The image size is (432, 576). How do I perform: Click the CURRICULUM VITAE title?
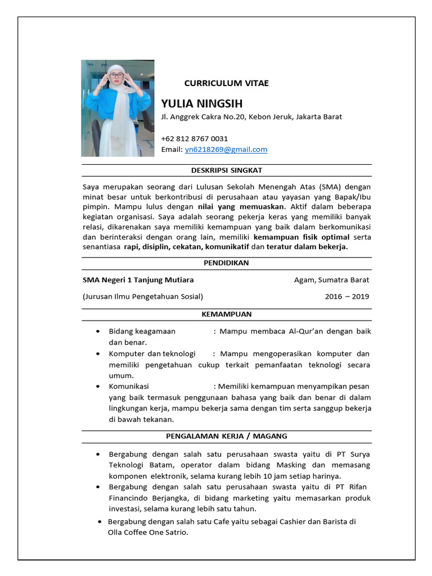pos(226,83)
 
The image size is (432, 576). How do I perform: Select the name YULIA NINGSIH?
pos(201,103)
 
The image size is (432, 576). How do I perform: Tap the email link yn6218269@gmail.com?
pos(226,150)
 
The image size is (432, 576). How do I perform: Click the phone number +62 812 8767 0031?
pos(194,138)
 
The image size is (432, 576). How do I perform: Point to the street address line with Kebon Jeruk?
pos(251,117)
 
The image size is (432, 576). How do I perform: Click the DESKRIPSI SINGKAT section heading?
pos(226,170)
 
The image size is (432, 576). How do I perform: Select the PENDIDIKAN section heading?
pos(226,263)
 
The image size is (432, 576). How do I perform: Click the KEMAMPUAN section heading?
pos(226,314)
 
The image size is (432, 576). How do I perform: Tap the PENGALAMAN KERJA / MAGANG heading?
pos(226,436)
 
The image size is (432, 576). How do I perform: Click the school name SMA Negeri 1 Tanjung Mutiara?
pos(138,280)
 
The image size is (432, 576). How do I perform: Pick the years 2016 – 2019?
pos(346,296)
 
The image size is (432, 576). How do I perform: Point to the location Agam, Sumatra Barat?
pos(331,280)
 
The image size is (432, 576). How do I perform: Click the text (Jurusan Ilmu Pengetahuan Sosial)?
pos(143,296)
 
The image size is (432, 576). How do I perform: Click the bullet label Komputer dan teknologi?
pos(152,354)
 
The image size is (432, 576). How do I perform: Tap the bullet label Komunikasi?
pos(129,386)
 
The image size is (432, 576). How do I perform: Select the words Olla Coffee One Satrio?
pos(148,532)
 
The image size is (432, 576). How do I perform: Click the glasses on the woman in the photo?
pos(116,75)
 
